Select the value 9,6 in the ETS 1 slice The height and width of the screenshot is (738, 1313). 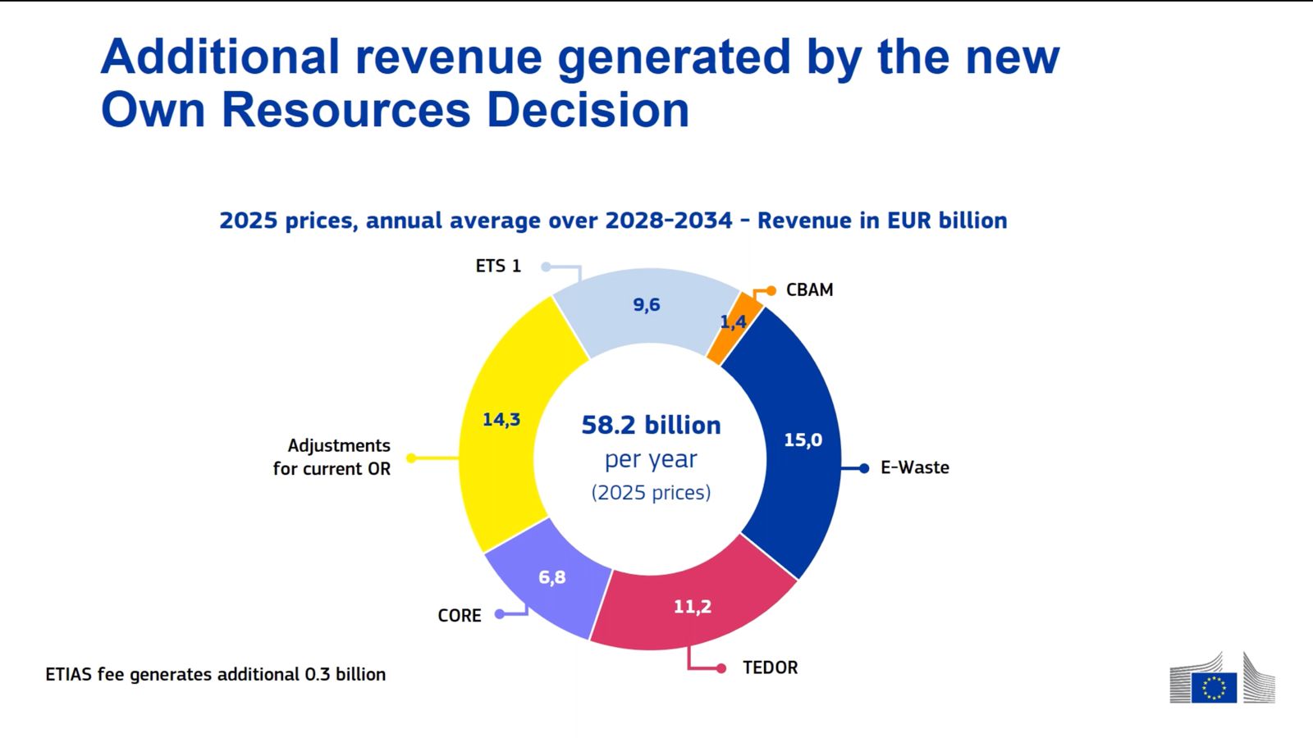coord(647,305)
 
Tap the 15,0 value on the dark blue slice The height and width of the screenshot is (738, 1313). coord(803,440)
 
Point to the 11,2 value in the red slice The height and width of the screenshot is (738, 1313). coord(693,607)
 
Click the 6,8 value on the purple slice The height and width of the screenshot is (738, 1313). coord(552,577)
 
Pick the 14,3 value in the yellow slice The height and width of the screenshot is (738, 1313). coord(501,420)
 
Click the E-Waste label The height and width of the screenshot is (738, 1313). coord(915,467)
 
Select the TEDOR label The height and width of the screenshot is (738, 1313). coord(770,667)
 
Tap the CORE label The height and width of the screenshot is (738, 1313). coord(460,616)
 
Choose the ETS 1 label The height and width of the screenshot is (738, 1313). coord(498,266)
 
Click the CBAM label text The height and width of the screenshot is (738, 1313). coord(809,289)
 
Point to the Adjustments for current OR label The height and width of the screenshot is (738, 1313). coord(332,457)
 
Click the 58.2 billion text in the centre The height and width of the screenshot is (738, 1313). coord(651,425)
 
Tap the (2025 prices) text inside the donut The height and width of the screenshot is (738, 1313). coord(651,492)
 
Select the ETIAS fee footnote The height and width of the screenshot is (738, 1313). coord(215,674)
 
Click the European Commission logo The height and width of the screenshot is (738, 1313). coord(1222,679)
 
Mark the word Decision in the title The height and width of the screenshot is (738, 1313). coord(588,110)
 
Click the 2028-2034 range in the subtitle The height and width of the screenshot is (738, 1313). coord(668,221)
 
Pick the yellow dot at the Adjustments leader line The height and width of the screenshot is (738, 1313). coord(412,458)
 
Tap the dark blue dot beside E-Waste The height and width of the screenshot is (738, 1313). coord(864,468)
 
